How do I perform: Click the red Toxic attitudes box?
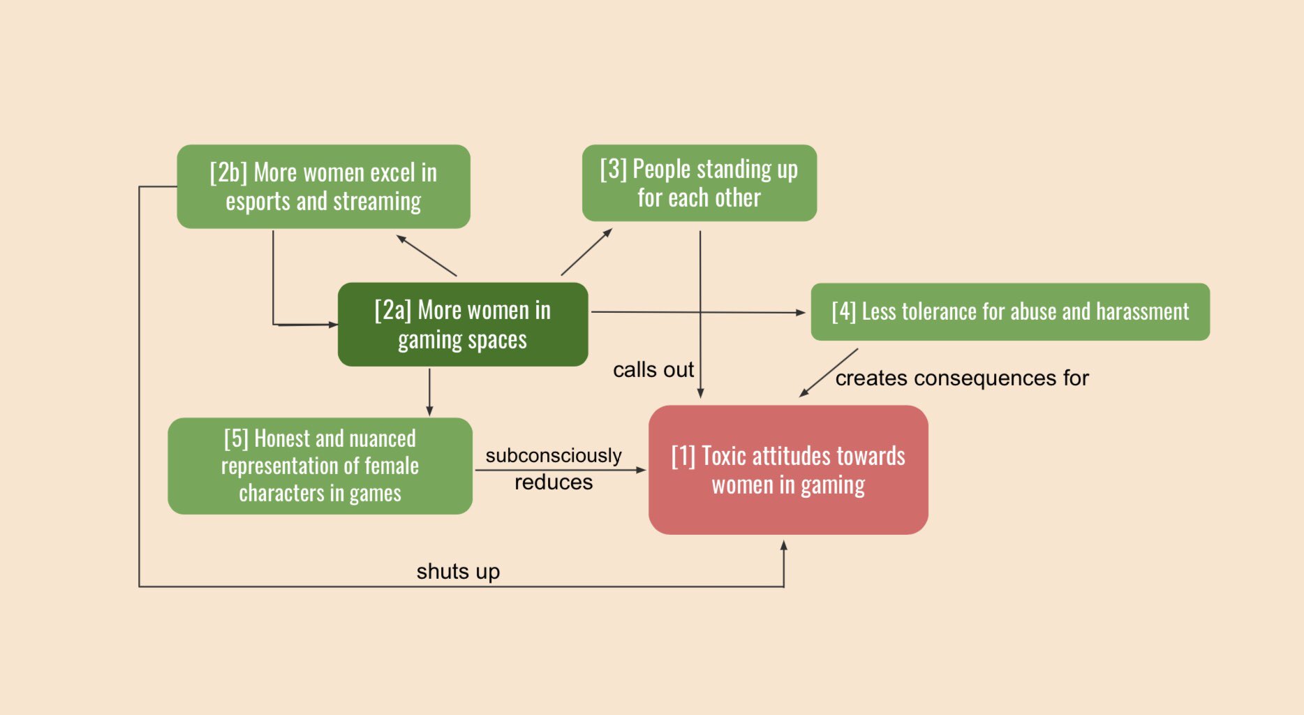(788, 470)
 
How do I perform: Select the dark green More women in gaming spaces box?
(463, 325)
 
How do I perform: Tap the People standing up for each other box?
(699, 183)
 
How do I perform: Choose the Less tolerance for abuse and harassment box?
(1010, 312)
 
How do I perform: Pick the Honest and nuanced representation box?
(320, 466)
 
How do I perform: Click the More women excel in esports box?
(323, 186)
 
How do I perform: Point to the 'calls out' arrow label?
(653, 369)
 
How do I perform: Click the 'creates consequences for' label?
(962, 378)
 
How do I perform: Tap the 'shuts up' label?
(458, 572)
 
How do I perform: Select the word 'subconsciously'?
(554, 456)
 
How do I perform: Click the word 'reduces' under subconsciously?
(554, 482)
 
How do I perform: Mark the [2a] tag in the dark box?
(393, 310)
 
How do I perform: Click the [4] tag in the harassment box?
(843, 311)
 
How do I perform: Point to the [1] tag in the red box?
(683, 456)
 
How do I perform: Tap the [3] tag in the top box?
(613, 169)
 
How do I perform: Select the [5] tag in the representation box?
(236, 438)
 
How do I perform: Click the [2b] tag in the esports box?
(228, 172)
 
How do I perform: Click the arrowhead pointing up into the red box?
(784, 545)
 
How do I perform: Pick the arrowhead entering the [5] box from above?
(429, 411)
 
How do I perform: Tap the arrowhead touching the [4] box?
(800, 313)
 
